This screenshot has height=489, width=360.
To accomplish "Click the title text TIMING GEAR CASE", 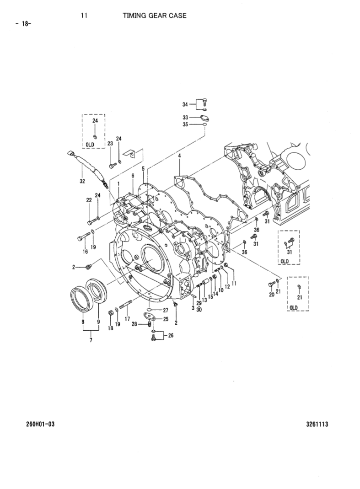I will tap(154, 15).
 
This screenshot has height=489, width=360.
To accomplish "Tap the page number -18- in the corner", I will tap(23, 24).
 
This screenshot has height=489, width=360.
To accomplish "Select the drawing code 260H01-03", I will tap(40, 424).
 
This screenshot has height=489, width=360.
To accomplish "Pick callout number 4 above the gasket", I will tap(179, 156).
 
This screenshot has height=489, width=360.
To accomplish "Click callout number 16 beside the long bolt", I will tap(85, 252).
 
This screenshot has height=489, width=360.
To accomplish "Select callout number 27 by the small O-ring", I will tap(166, 310).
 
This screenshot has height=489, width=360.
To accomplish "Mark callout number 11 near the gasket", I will tap(234, 284).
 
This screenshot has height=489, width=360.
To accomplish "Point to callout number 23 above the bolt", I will tap(110, 144).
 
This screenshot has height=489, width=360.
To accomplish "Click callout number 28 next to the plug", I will tap(134, 324).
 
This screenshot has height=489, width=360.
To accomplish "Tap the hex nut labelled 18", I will tap(110, 313).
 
